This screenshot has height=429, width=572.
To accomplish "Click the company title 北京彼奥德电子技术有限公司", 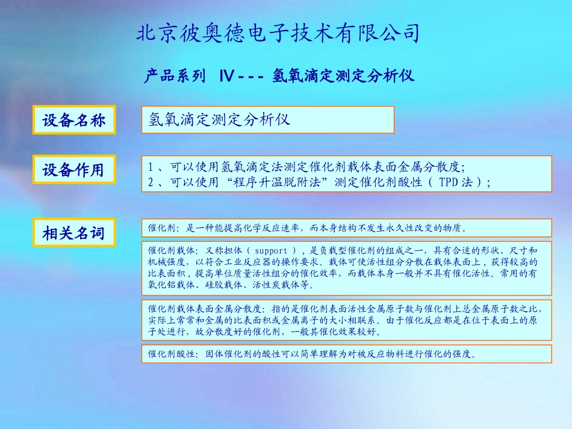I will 278,33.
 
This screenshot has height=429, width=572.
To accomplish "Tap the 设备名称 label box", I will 73,120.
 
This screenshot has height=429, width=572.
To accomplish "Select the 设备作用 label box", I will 73,170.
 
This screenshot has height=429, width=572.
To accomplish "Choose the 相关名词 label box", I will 73,233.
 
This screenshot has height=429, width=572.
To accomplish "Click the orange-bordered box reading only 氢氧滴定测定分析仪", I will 267,120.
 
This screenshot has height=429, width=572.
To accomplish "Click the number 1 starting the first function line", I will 151,167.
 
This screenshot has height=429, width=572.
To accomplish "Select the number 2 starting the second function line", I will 151,182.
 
